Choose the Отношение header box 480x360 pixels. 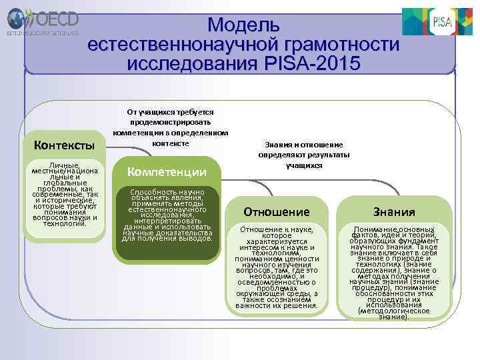tap(276, 212)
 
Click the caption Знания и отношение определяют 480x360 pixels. tap(304, 154)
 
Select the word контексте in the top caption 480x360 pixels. tap(171, 143)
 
